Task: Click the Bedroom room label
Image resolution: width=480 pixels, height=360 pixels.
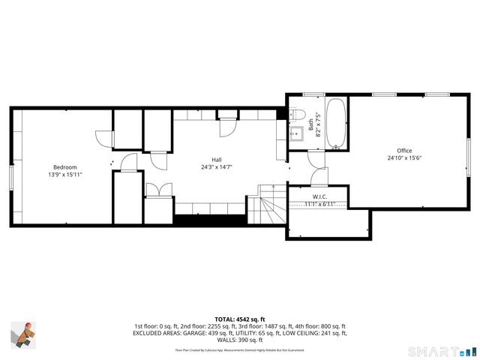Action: pyautogui.click(x=64, y=167)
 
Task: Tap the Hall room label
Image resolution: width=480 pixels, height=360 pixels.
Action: pyautogui.click(x=216, y=160)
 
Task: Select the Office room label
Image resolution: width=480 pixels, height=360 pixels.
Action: pyautogui.click(x=404, y=151)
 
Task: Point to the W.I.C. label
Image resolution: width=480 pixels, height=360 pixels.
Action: pyautogui.click(x=319, y=196)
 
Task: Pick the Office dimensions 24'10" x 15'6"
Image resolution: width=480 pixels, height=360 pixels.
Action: pyautogui.click(x=404, y=158)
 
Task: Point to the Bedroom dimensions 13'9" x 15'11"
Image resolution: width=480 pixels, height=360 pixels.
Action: pyautogui.click(x=64, y=175)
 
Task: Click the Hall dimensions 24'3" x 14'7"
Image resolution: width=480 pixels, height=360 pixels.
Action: pyautogui.click(x=216, y=167)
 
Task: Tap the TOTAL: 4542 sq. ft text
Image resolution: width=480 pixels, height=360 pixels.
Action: pyautogui.click(x=240, y=318)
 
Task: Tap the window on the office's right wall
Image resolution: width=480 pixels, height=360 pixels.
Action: pyautogui.click(x=469, y=154)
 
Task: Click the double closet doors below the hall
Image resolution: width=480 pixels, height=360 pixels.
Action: pyautogui.click(x=158, y=190)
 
